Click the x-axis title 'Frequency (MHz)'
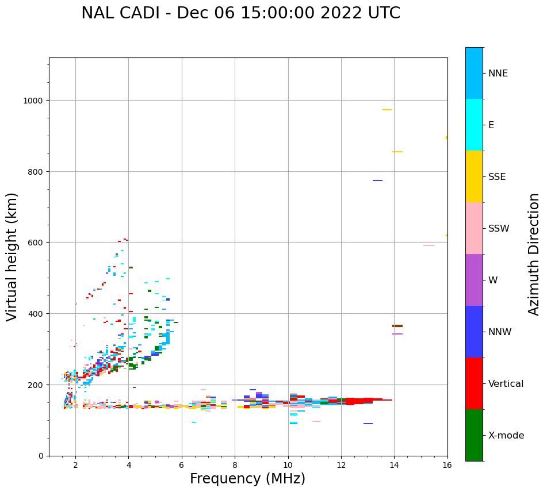click(247, 479)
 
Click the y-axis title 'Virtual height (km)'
click(12, 256)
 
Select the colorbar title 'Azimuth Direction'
click(534, 254)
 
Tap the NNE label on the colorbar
click(498, 73)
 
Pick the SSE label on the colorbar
click(497, 176)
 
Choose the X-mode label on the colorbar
click(506, 435)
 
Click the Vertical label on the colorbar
click(506, 383)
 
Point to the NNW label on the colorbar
click(500, 332)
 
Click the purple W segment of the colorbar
click(474, 280)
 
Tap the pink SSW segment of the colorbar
click(474, 228)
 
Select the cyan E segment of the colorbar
click(474, 125)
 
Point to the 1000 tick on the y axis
click(34, 101)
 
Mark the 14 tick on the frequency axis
click(394, 466)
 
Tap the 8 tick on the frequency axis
click(235, 466)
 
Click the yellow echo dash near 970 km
click(387, 110)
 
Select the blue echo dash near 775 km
click(377, 180)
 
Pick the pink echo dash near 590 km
click(429, 245)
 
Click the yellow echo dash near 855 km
click(397, 152)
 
